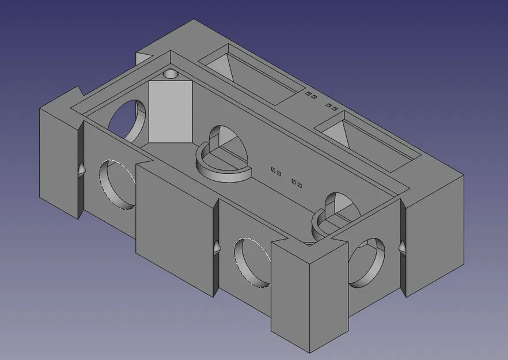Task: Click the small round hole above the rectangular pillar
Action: [x=170, y=75]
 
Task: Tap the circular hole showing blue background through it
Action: [x=124, y=118]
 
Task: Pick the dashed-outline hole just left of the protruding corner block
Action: [x=252, y=262]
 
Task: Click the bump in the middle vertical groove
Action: [x=217, y=247]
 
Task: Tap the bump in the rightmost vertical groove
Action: [x=401, y=247]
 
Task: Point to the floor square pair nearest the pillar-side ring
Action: [x=276, y=172]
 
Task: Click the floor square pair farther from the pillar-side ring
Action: [x=297, y=184]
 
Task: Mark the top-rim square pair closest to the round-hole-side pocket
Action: [x=311, y=96]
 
